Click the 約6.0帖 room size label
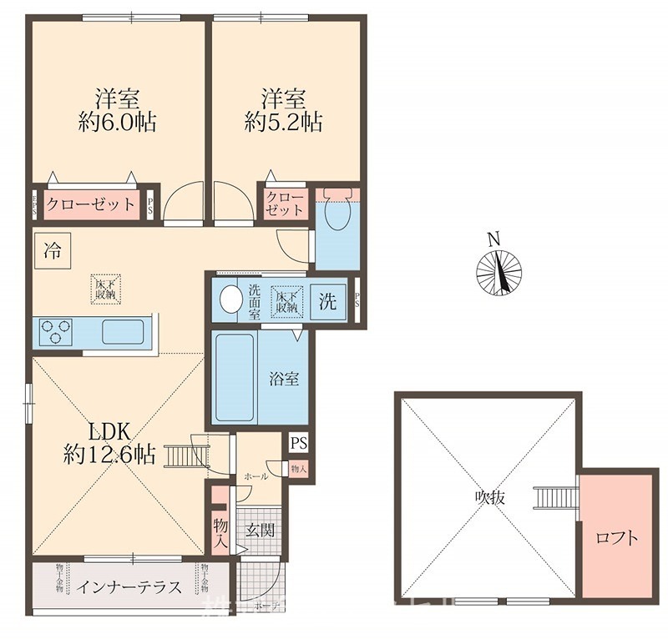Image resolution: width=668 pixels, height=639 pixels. pyautogui.click(x=116, y=123)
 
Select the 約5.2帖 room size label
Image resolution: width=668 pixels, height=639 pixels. pyautogui.click(x=284, y=123)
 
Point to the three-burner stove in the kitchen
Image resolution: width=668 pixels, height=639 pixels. pyautogui.click(x=53, y=332)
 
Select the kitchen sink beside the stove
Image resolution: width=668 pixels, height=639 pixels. pyautogui.click(x=123, y=332)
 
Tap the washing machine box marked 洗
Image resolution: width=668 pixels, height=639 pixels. pyautogui.click(x=328, y=302)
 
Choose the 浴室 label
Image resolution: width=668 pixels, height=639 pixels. pyautogui.click(x=284, y=379)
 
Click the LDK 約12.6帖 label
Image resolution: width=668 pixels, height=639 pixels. pyautogui.click(x=109, y=444)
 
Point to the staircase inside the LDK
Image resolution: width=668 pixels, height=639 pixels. pyautogui.click(x=187, y=456)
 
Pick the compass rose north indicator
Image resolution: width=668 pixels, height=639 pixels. pyautogui.click(x=498, y=270)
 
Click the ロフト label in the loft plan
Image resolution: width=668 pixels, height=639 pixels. pyautogui.click(x=618, y=538)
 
